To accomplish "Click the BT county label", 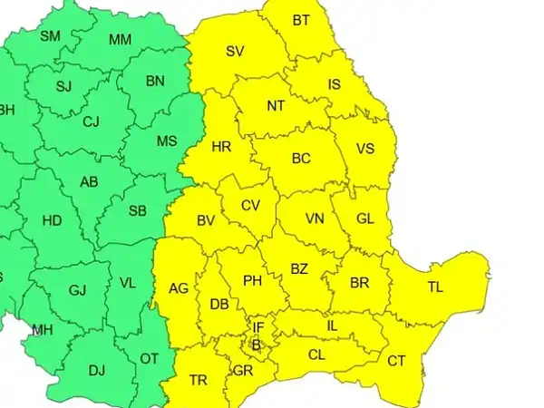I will (x=301, y=20).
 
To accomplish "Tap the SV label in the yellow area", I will (x=236, y=52).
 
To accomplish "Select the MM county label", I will (x=120, y=40).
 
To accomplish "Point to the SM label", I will (x=51, y=36).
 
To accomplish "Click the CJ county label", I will (x=92, y=121).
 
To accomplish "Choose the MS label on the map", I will (x=167, y=141).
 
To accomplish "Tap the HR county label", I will (x=221, y=147).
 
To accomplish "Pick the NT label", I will (x=276, y=105).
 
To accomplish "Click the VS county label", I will (x=364, y=149).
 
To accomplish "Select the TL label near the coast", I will (x=435, y=287).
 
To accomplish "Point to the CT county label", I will (x=396, y=361).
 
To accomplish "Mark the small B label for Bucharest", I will (x=256, y=345).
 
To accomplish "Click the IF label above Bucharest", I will (x=258, y=327).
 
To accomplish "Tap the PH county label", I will (x=252, y=281).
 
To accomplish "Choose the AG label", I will (x=179, y=289).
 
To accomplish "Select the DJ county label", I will (x=97, y=369).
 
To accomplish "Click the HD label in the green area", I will (x=53, y=220).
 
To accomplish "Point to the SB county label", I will (x=137, y=211).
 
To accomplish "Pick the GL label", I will (x=364, y=219).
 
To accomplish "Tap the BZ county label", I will (x=299, y=268).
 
